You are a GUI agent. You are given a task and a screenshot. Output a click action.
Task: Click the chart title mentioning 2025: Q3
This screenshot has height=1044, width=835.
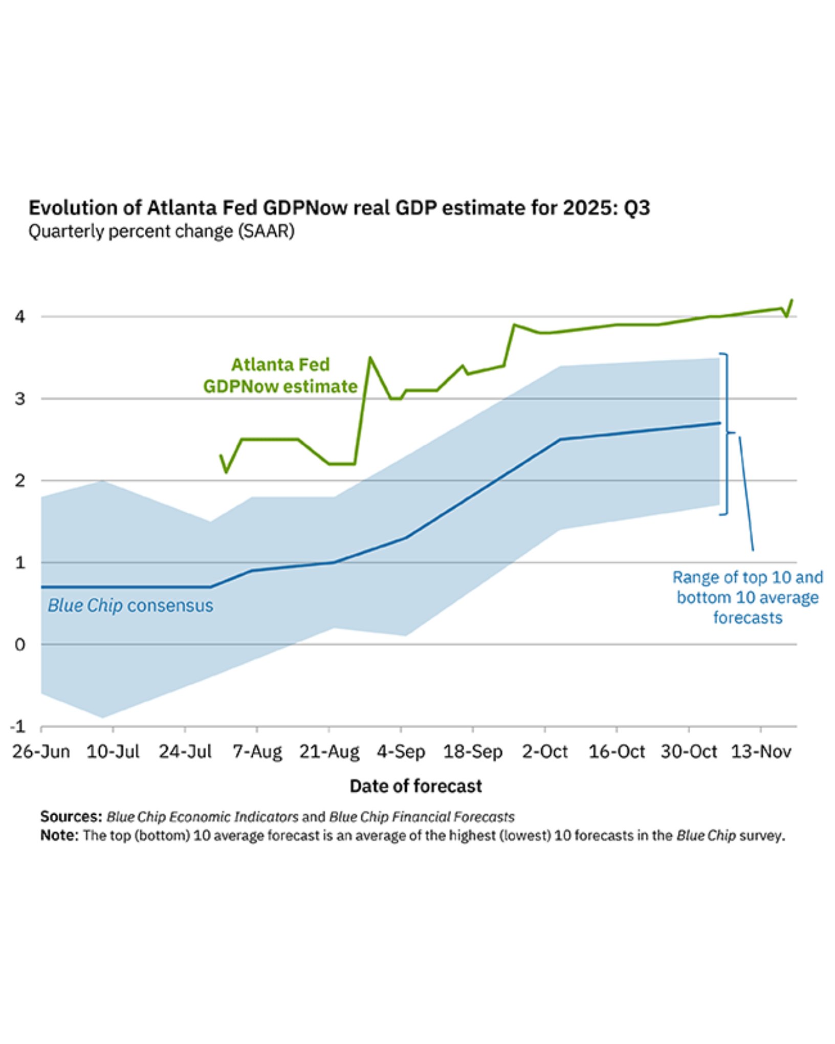tap(339, 208)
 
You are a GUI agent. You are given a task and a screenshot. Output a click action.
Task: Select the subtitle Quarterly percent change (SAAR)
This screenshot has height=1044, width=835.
tap(161, 231)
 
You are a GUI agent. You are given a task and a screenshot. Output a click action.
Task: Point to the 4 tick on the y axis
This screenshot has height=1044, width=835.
tap(20, 317)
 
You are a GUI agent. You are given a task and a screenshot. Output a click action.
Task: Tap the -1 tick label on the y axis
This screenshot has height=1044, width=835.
tap(17, 727)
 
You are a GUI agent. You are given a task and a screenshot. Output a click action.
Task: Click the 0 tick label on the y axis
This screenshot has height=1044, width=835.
tap(20, 645)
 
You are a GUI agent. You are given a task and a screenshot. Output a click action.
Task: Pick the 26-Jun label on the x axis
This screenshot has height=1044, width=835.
tap(41, 751)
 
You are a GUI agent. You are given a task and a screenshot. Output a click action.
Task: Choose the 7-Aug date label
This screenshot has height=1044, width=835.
tap(257, 751)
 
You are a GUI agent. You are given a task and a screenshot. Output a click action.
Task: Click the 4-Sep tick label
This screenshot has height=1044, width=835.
tap(401, 751)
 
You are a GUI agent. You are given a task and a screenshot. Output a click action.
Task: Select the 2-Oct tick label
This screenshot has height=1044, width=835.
tap(544, 751)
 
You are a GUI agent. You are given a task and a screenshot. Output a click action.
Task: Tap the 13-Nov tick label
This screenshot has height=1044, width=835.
tap(761, 751)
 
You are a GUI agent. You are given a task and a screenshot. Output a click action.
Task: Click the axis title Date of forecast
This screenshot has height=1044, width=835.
tap(415, 786)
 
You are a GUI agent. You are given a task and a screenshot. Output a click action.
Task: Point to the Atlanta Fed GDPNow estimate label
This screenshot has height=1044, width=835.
tap(280, 376)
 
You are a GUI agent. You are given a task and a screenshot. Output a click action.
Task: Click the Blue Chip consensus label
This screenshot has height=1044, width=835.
tap(130, 605)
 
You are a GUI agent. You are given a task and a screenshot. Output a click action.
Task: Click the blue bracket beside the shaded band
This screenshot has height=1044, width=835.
tap(727, 433)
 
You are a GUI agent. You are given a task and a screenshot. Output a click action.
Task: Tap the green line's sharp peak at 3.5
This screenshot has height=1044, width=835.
tap(370, 358)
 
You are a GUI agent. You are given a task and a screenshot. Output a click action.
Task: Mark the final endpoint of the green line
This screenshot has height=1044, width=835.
tap(792, 300)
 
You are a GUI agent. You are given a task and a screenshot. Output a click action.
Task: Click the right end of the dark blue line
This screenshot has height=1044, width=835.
tap(719, 423)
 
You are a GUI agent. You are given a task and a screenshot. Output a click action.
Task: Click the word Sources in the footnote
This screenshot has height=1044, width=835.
tap(71, 816)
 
